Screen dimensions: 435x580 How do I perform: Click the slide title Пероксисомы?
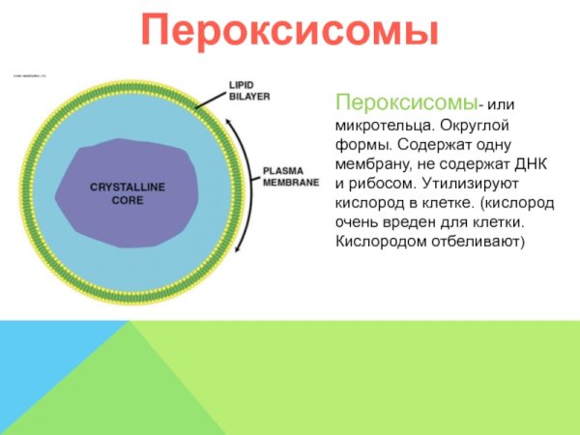(290, 31)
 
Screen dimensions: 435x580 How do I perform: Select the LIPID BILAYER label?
(248, 91)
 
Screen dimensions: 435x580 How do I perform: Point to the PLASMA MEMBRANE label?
(290, 176)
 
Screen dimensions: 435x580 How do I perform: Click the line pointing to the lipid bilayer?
(210, 98)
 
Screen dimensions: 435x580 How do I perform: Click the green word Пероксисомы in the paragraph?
(407, 101)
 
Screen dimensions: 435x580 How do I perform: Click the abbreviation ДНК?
(530, 163)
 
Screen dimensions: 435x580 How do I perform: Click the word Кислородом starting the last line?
(378, 239)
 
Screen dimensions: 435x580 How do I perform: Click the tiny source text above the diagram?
(30, 74)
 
